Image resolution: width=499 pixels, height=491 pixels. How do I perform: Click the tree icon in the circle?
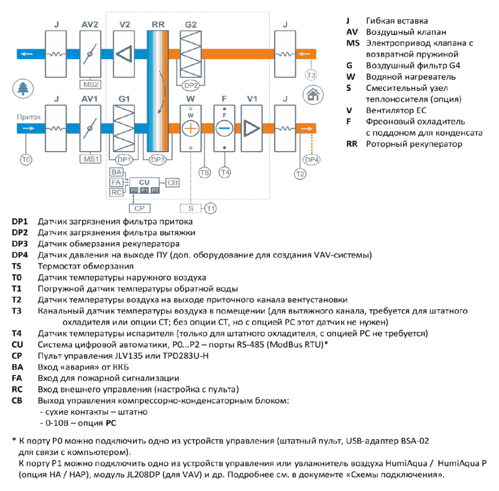pyautogui.click(x=23, y=88)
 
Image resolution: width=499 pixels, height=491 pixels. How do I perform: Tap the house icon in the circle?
pyautogui.click(x=313, y=94)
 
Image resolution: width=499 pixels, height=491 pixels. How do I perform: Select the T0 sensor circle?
pyautogui.click(x=25, y=160)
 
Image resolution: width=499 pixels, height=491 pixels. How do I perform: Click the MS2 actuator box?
pyautogui.click(x=90, y=85)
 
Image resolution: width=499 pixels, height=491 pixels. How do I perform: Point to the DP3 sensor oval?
pyautogui.click(x=158, y=160)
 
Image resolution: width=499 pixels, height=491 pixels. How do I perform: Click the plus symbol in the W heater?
pyautogui.click(x=190, y=129)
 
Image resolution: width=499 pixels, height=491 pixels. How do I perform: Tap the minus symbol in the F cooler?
pyautogui.click(x=224, y=129)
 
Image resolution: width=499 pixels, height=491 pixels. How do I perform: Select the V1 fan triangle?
pyautogui.click(x=252, y=129)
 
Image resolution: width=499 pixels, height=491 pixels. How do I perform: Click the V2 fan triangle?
pyautogui.click(x=124, y=54)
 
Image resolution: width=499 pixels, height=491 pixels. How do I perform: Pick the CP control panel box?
pyautogui.click(x=139, y=208)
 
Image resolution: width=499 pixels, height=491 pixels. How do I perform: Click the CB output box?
pyautogui.click(x=173, y=183)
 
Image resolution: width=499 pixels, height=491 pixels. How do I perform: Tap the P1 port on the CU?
pyautogui.click(x=145, y=190)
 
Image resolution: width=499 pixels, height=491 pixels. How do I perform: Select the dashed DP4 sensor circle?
pyautogui.click(x=311, y=160)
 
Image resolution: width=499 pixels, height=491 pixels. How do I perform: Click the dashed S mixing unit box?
pyautogui.click(x=191, y=208)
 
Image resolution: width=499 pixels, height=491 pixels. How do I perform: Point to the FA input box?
pyautogui.click(x=116, y=182)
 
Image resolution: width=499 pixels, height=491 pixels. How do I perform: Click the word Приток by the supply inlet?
pyautogui.click(x=29, y=117)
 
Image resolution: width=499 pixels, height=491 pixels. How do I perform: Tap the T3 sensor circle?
pyautogui.click(x=311, y=75)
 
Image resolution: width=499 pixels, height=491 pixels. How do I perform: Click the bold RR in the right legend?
pyautogui.click(x=352, y=144)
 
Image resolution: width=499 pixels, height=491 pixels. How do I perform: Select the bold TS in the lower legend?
pyautogui.click(x=17, y=267)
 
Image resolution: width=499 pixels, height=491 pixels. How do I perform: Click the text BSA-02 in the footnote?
pyautogui.click(x=414, y=441)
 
